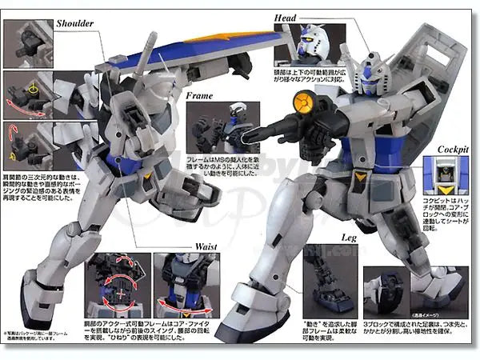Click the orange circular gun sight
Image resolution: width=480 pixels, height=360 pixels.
coord(306,102)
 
